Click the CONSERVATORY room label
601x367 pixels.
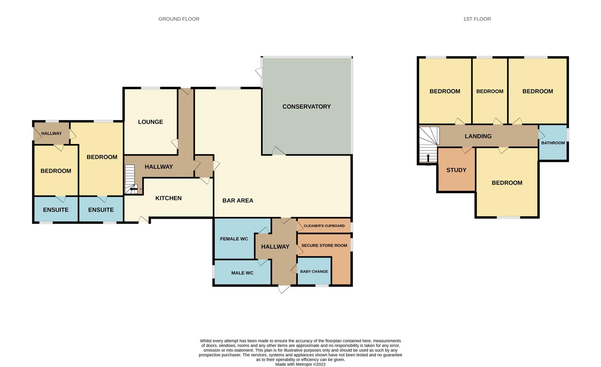click(x=307, y=106)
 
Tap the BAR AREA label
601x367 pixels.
click(x=238, y=201)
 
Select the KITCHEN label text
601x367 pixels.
click(x=168, y=198)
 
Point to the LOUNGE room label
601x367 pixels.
click(x=151, y=122)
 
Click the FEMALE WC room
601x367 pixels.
click(x=234, y=239)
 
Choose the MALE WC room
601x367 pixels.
click(x=242, y=273)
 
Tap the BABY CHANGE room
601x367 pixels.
click(x=314, y=271)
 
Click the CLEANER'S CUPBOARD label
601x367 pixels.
click(x=324, y=226)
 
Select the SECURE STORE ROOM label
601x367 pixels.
click(x=324, y=245)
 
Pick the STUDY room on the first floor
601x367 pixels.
click(x=456, y=170)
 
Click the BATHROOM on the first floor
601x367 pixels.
click(x=553, y=143)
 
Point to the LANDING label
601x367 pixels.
click(x=478, y=136)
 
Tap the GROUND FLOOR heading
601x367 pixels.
click(x=179, y=19)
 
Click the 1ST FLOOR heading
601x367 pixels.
click(x=477, y=19)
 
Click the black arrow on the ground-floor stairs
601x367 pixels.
click(x=134, y=189)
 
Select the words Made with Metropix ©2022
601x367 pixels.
click(x=300, y=364)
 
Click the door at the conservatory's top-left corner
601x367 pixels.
click(x=259, y=73)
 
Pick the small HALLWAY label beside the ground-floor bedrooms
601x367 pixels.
click(x=51, y=133)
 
